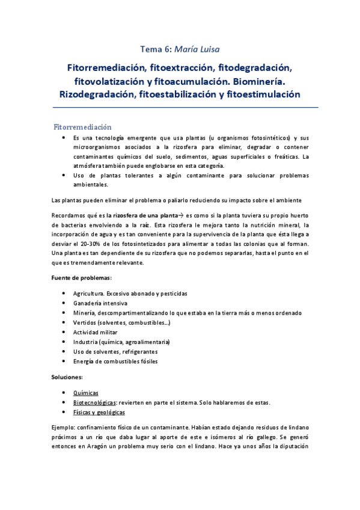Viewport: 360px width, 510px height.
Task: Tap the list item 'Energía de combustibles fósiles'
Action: (x=115, y=361)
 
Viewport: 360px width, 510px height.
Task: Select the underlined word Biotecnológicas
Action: (x=94, y=402)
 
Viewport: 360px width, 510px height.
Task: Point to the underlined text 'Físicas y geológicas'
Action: (x=99, y=413)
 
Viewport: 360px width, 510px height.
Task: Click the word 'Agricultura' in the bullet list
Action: (x=88, y=293)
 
